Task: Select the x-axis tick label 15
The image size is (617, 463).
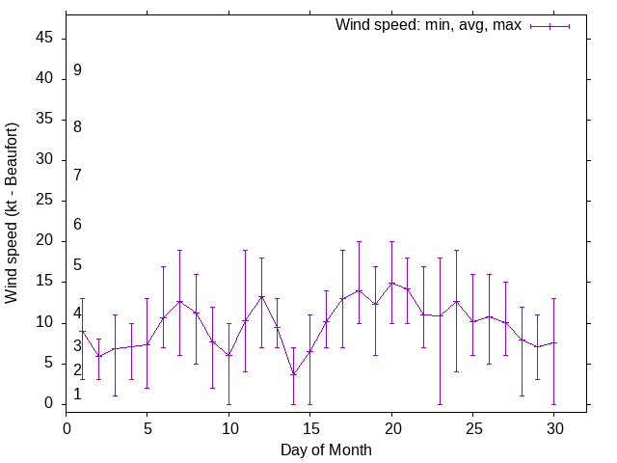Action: pyautogui.click(x=310, y=425)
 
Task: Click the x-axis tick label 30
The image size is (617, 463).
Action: pyautogui.click(x=554, y=425)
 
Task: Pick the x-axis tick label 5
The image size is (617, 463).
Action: pyautogui.click(x=148, y=425)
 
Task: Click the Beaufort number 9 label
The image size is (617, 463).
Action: pyautogui.click(x=77, y=70)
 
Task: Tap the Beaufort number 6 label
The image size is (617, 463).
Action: pyautogui.click(x=77, y=225)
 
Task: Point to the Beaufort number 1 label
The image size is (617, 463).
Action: pyautogui.click(x=77, y=395)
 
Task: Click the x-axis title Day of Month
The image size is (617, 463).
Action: pyautogui.click(x=326, y=449)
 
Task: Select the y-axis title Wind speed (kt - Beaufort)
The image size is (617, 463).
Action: pyautogui.click(x=13, y=212)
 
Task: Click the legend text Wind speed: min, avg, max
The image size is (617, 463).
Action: pyautogui.click(x=428, y=25)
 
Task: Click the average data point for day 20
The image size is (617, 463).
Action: pyautogui.click(x=391, y=284)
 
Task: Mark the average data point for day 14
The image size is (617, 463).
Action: pyautogui.click(x=294, y=374)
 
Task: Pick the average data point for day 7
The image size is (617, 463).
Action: pyautogui.click(x=180, y=301)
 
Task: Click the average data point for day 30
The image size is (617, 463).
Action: pyautogui.click(x=554, y=342)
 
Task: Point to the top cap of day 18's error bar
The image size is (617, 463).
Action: pyautogui.click(x=359, y=241)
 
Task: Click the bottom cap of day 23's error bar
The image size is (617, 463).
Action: pyautogui.click(x=441, y=404)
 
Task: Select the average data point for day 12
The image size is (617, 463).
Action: pyautogui.click(x=261, y=296)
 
